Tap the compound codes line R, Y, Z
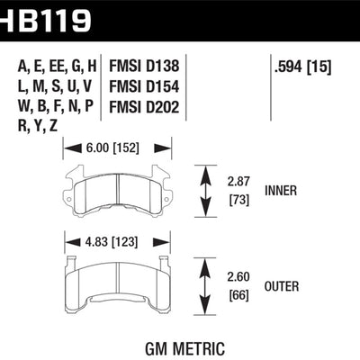pos(38,130)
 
